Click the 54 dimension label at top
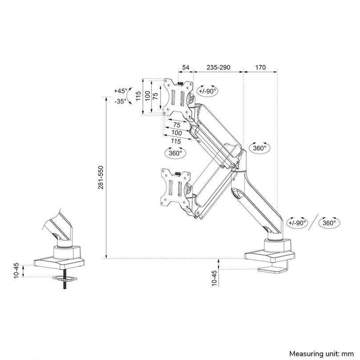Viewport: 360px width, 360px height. coord(186,68)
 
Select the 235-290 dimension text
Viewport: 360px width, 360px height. coord(218,68)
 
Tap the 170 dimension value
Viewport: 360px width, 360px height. coord(260,68)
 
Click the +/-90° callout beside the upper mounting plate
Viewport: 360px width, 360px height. coord(208,91)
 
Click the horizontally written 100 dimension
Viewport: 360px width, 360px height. coord(176,133)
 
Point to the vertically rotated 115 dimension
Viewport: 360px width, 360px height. coord(138,96)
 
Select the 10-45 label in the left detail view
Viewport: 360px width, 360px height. coord(17,271)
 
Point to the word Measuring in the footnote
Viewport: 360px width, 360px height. coord(305,353)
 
